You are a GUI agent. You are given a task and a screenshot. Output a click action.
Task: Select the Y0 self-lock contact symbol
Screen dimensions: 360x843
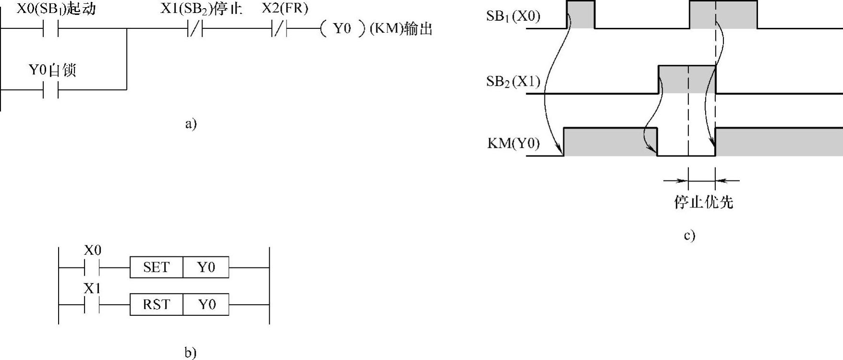pos(50,89)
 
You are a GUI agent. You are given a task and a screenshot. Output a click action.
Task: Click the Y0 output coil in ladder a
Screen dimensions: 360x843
pos(342,29)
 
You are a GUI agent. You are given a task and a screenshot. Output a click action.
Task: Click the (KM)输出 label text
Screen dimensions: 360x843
pos(401,29)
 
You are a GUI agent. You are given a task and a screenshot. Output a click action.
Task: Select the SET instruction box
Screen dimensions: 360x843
pos(157,267)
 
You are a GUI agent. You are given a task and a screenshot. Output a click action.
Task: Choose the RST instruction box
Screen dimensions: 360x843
pos(157,305)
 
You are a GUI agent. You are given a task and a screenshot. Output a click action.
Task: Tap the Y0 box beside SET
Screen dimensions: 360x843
pos(206,267)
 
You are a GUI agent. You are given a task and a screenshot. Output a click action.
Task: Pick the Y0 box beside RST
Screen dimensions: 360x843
pos(206,305)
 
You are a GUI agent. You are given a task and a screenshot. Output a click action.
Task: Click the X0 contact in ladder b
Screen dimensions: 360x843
pos(92,267)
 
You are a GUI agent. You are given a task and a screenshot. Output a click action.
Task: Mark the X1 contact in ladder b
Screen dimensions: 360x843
pos(92,305)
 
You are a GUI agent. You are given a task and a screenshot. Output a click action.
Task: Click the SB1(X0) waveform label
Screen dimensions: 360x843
pos(513,16)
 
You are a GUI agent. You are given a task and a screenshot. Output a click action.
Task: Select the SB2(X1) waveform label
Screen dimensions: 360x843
pos(513,82)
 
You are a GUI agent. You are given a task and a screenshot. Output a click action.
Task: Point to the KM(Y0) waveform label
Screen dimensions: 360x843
pos(513,144)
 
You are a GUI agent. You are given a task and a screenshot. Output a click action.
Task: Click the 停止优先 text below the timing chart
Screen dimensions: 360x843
pos(703,202)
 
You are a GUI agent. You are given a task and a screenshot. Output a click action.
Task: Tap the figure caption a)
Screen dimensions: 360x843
pos(191,124)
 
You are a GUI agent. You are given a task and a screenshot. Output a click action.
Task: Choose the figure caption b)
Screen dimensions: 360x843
pos(191,353)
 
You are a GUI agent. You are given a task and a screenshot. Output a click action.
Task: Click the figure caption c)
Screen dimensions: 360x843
pos(689,236)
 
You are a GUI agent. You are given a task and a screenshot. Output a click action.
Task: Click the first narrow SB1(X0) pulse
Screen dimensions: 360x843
pos(580,14)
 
